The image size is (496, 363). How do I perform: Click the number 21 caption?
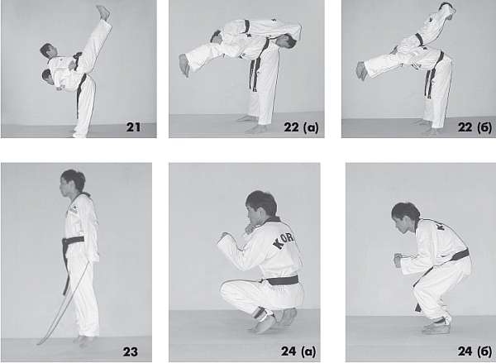[133, 127]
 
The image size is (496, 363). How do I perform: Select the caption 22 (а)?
[301, 127]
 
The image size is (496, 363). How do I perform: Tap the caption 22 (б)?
[475, 127]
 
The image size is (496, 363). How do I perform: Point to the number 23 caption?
[130, 351]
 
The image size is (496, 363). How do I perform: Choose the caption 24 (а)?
[298, 351]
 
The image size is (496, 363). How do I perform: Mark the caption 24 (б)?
[475, 351]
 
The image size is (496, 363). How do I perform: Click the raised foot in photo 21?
[103, 12]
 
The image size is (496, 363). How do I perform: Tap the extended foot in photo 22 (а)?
[184, 65]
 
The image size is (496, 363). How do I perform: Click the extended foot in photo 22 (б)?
[361, 70]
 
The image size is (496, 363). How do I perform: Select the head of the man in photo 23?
[73, 183]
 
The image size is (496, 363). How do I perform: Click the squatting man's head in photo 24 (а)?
[261, 207]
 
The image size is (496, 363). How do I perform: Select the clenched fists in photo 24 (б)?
[398, 260]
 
